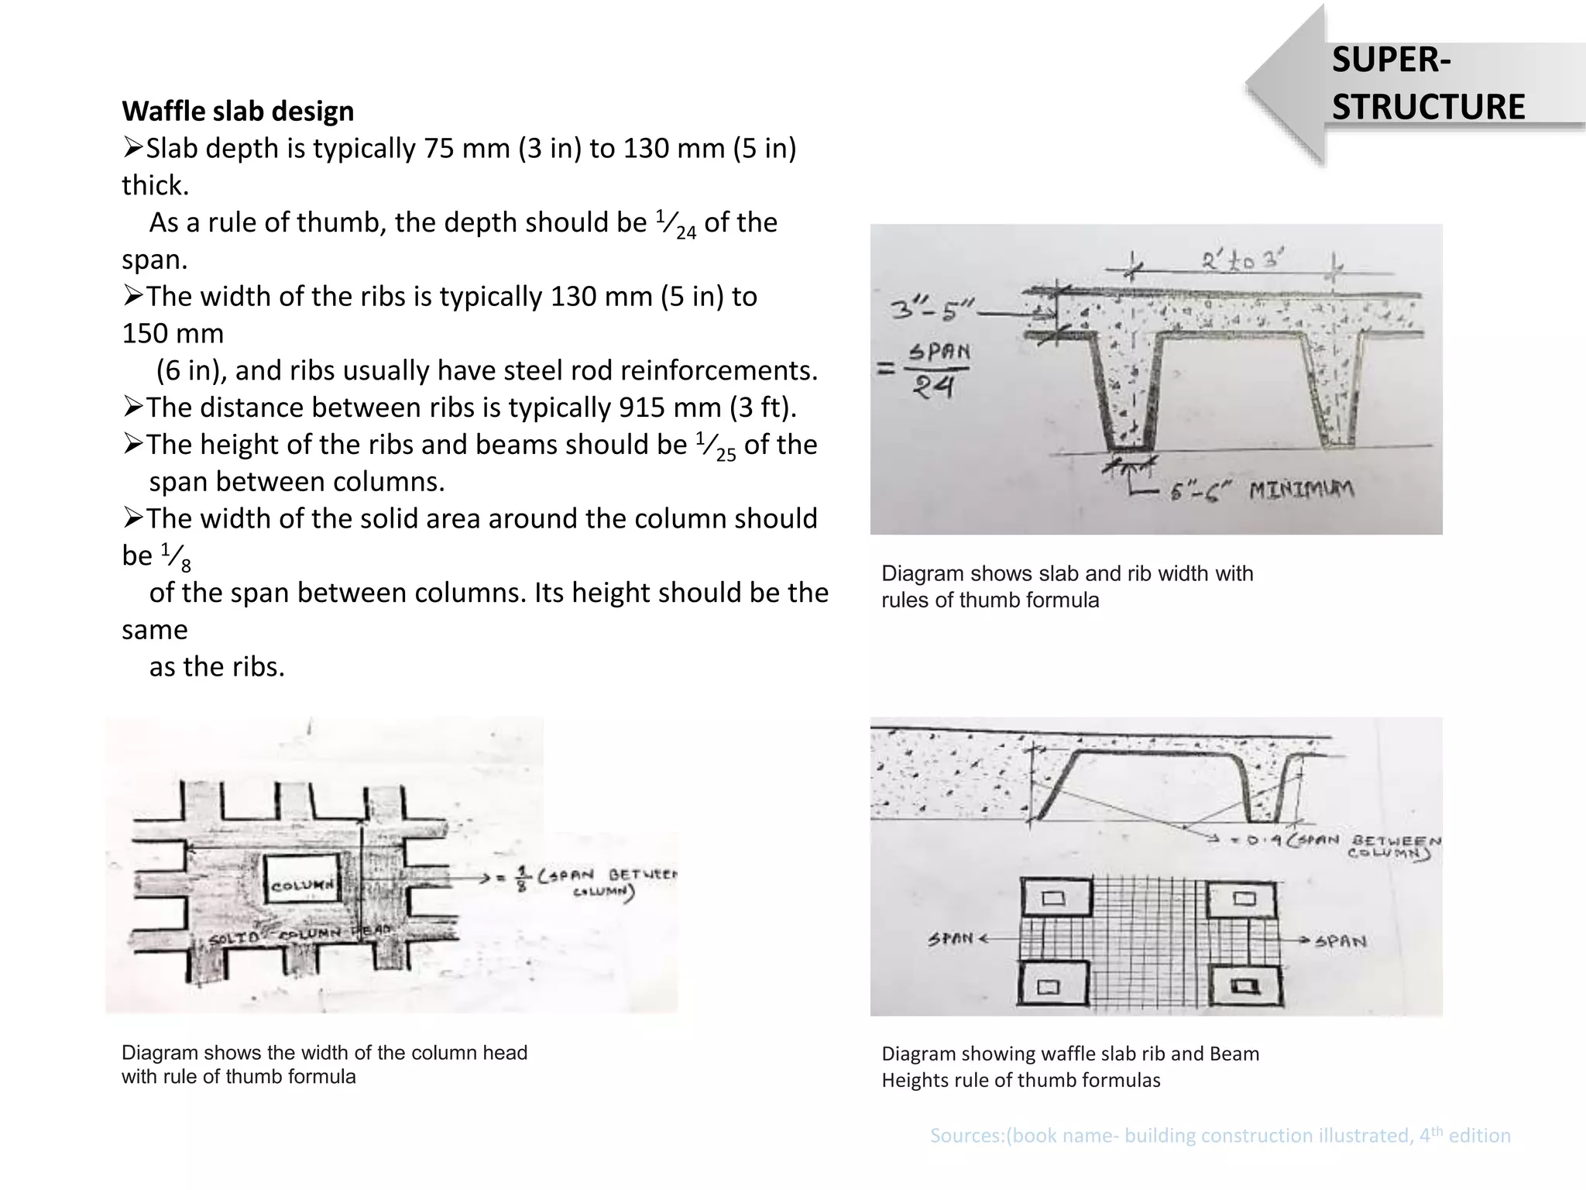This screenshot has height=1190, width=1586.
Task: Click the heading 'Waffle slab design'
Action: coord(238,111)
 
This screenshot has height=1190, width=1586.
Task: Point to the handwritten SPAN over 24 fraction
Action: coord(935,370)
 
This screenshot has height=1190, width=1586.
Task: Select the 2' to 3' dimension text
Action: coord(1242,261)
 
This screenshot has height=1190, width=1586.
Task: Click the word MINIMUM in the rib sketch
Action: coord(1302,490)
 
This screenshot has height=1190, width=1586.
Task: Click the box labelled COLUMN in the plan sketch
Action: coord(302,884)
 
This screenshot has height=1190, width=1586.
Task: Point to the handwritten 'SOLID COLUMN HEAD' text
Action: coord(294,936)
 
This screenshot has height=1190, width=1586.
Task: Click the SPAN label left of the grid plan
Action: coord(950,939)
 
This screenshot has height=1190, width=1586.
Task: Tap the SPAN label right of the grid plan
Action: coord(1341,941)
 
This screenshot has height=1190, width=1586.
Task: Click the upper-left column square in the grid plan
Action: coord(1054,899)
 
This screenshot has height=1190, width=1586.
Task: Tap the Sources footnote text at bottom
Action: coord(1220,1136)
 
